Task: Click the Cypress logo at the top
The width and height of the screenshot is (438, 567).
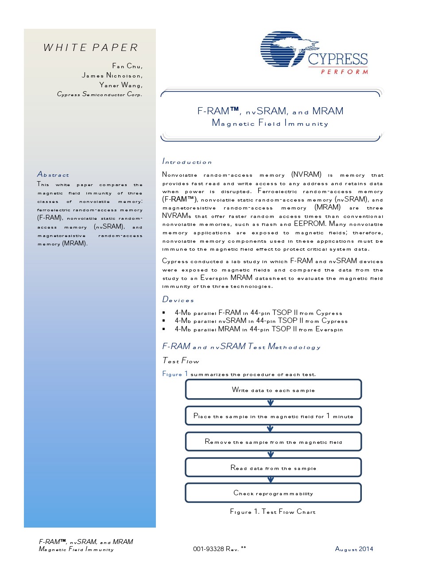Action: pos(314,53)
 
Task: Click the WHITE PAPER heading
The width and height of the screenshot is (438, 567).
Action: pos(91,47)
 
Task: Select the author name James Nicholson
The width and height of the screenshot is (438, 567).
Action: pos(112,75)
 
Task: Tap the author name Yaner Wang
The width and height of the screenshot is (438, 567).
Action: pos(120,85)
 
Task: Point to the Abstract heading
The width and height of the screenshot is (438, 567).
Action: pos(53,175)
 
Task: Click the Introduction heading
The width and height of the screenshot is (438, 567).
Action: pos(187,162)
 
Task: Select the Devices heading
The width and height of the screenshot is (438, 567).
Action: pos(178,300)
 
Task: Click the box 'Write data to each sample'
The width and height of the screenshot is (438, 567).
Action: pos(273,390)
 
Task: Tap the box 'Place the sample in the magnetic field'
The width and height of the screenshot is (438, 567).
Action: pos(273,416)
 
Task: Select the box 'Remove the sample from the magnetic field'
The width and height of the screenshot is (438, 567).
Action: pos(273,442)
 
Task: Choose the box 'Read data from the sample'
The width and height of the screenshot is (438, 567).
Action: pos(273,468)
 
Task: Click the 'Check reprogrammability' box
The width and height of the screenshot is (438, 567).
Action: pos(273,493)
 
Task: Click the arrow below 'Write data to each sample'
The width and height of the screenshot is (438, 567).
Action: pos(271,403)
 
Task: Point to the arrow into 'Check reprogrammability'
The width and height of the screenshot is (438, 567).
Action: pos(271,480)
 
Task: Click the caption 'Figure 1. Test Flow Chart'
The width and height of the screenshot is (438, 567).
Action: pos(273,512)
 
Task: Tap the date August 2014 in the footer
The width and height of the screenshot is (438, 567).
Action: pos(354,549)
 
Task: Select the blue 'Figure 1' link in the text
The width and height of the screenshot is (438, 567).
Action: pos(175,374)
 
